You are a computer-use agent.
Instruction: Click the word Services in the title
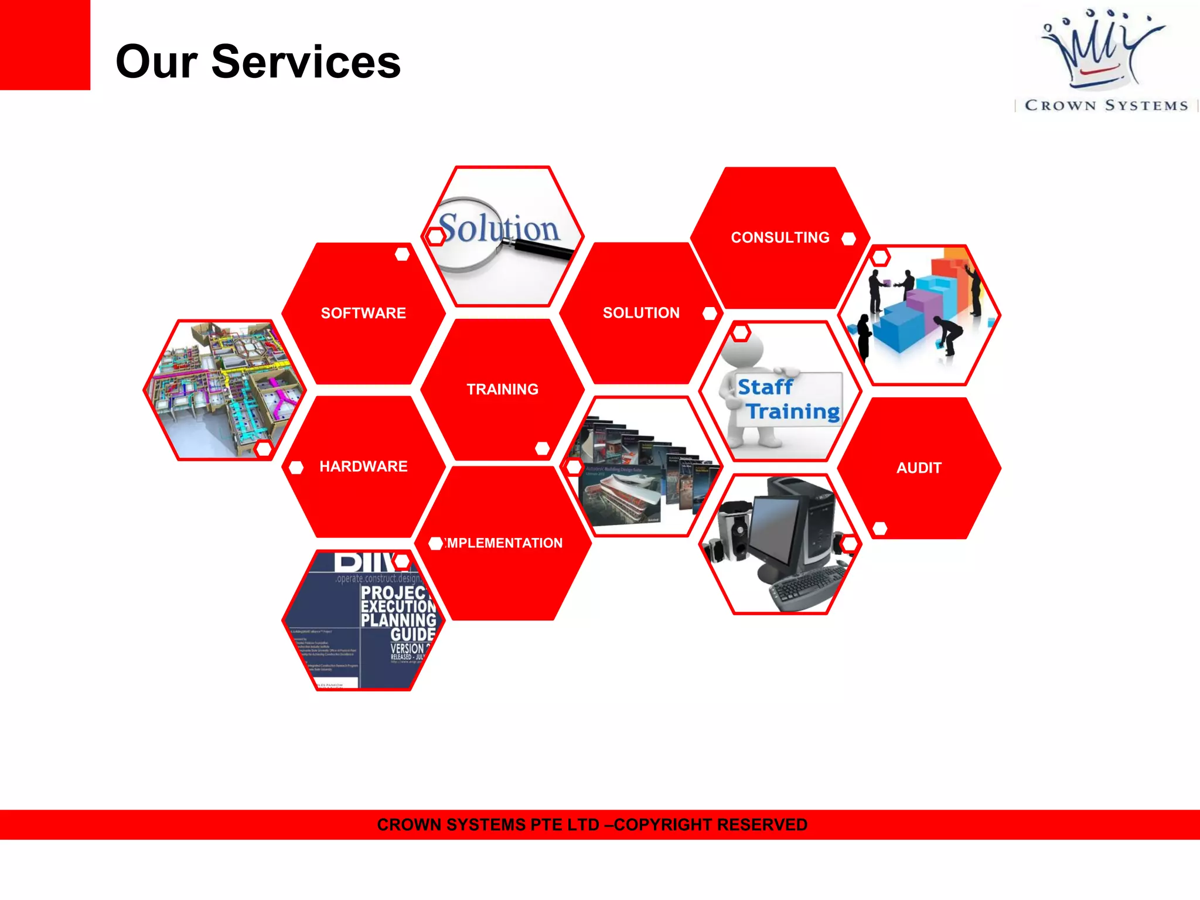click(x=306, y=62)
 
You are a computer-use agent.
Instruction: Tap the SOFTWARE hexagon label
click(x=363, y=313)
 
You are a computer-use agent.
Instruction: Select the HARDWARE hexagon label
click(x=363, y=466)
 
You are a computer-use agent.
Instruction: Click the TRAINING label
click(x=502, y=389)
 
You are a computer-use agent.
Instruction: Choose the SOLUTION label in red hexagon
click(x=641, y=313)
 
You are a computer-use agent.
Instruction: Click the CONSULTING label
click(x=780, y=237)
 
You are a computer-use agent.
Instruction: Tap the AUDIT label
click(x=919, y=468)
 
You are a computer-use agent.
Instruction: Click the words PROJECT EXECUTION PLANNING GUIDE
click(x=398, y=613)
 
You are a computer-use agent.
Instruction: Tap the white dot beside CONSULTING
click(x=848, y=238)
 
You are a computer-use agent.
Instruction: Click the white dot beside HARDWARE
click(x=296, y=467)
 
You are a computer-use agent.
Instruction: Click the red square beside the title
click(x=45, y=45)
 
